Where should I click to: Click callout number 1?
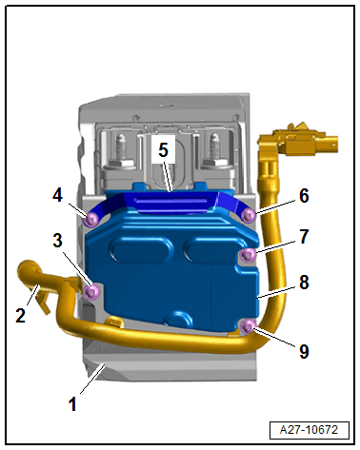[x=72, y=404]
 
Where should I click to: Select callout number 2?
[x=21, y=315]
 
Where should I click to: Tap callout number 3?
[x=57, y=241]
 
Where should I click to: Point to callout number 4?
[x=57, y=195]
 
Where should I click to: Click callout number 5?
[x=163, y=149]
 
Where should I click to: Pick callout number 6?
[x=304, y=196]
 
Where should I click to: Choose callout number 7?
[x=304, y=236]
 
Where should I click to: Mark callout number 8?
[x=304, y=282]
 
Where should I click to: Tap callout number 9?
[x=304, y=351]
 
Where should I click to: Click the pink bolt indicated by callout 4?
[x=91, y=220]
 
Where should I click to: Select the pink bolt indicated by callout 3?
[x=92, y=291]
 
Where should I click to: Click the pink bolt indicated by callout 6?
[x=249, y=216]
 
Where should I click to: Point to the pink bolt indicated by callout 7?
[x=248, y=254]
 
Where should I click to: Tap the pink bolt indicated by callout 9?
[x=248, y=326]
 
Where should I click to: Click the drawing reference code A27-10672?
[x=310, y=430]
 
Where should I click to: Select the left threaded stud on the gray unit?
[x=121, y=148]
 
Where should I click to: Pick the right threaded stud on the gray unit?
[x=214, y=148]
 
